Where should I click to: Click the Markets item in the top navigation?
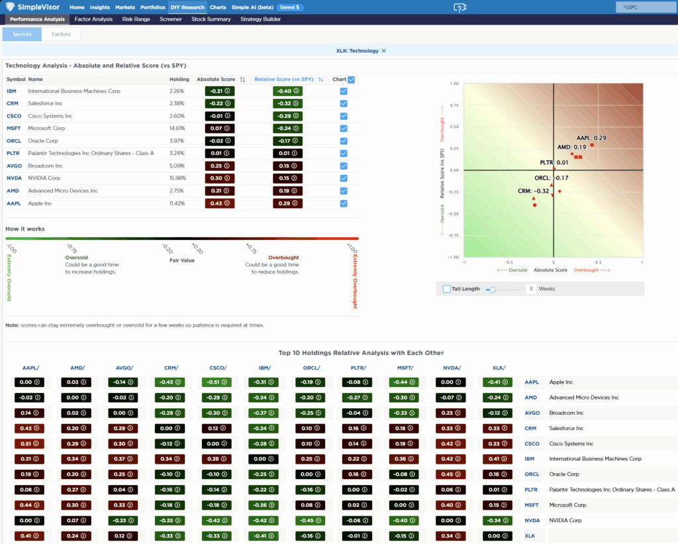pyautogui.click(x=125, y=7)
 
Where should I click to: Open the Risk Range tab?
pyautogui.click(x=136, y=19)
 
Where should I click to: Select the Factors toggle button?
pyautogui.click(x=61, y=34)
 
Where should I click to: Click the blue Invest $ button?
pyautogui.click(x=290, y=7)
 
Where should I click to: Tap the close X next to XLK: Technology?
pyautogui.click(x=384, y=50)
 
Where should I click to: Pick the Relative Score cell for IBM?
pyautogui.click(x=287, y=91)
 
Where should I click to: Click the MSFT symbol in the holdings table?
pyautogui.click(x=13, y=129)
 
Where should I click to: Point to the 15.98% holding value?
pyautogui.click(x=177, y=178)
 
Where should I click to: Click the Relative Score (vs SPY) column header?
pyautogui.click(x=285, y=80)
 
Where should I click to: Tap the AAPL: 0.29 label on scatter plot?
pyautogui.click(x=591, y=138)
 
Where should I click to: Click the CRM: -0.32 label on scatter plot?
pyautogui.click(x=533, y=191)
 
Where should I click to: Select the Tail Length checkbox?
pyautogui.click(x=447, y=289)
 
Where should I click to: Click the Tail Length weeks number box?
pyautogui.click(x=531, y=289)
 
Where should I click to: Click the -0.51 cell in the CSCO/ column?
pyautogui.click(x=213, y=382)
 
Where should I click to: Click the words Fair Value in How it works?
pyautogui.click(x=182, y=260)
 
